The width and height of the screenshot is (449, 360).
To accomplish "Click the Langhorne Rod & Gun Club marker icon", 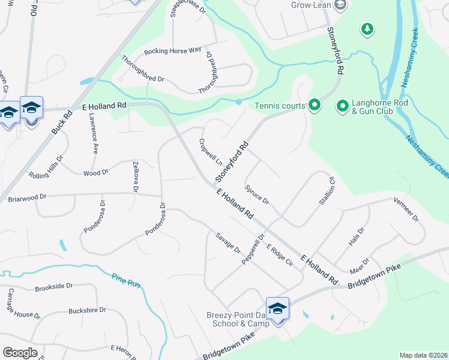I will (343, 106).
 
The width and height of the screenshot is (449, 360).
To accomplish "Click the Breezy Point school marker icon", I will (277, 309).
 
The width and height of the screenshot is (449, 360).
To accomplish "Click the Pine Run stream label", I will (126, 279).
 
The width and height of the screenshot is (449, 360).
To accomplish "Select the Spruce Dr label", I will (257, 193).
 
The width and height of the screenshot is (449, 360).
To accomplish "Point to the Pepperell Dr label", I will (253, 250).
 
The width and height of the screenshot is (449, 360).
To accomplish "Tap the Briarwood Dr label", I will (27, 197).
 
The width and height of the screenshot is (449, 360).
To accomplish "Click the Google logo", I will (20, 352).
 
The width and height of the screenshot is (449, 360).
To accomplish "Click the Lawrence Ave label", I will (93, 133).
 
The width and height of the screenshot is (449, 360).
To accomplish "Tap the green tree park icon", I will (367, 29).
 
